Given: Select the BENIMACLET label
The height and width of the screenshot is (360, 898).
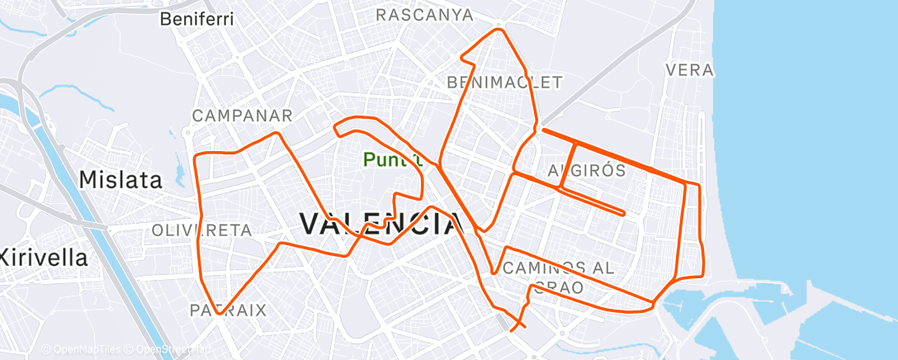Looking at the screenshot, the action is [503, 82].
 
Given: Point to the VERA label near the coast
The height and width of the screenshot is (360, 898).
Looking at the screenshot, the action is [688, 70].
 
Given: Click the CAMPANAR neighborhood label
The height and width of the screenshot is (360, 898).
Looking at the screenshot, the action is [242, 116].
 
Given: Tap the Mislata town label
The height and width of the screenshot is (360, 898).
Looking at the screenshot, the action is [121, 179].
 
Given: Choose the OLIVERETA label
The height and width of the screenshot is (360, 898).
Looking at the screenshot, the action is [201, 230].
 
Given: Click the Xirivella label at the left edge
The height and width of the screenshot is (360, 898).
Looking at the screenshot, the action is [43, 257].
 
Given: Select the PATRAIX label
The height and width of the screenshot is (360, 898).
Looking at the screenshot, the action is [228, 310].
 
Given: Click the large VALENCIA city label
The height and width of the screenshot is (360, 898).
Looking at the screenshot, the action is [379, 223].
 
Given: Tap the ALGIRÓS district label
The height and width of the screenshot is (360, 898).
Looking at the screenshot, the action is [586, 170].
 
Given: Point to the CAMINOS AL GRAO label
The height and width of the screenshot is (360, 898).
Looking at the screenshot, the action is [558, 277].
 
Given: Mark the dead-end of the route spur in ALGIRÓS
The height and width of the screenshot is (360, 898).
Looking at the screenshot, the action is [623, 214].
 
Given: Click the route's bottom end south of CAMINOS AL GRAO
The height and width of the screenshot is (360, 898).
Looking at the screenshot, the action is [513, 329].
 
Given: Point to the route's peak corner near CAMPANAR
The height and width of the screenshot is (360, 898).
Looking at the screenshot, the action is [277, 133].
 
